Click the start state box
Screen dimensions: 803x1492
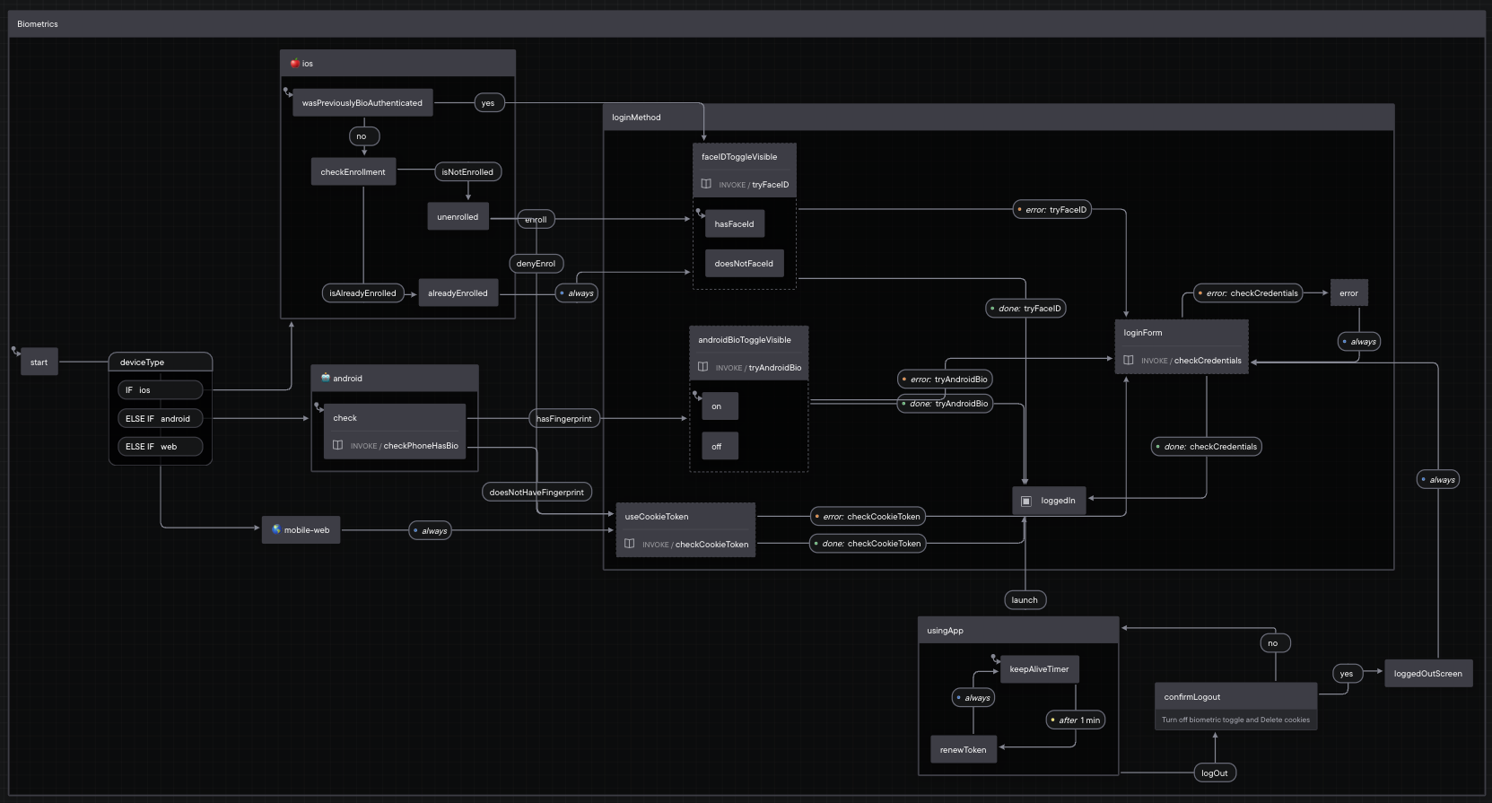(x=39, y=362)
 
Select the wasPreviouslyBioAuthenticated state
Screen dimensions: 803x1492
(x=362, y=103)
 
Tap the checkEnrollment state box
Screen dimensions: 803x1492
(x=353, y=172)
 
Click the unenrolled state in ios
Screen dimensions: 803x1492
(x=458, y=217)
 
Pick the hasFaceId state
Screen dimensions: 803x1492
(x=734, y=224)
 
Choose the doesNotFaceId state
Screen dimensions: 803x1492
(x=743, y=264)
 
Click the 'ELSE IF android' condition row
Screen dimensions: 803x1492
(x=160, y=419)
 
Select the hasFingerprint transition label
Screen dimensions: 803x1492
(x=564, y=419)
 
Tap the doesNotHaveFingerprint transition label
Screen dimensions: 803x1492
(x=537, y=493)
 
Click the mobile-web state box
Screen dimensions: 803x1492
(x=301, y=530)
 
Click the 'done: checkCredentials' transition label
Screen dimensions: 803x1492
(x=1207, y=447)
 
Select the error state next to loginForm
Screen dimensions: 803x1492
(x=1348, y=293)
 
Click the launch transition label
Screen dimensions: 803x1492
(x=1025, y=600)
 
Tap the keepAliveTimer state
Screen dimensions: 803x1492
(x=1039, y=669)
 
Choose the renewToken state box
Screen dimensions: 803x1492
(x=963, y=750)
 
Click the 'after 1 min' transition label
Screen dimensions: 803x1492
(x=1076, y=720)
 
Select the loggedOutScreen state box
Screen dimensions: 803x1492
(x=1427, y=674)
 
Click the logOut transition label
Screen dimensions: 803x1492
(x=1215, y=773)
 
